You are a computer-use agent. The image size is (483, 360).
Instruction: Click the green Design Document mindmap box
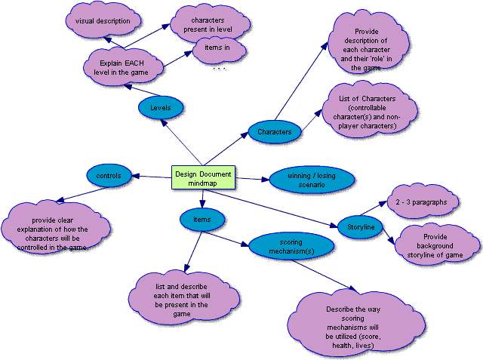pyautogui.click(x=203, y=177)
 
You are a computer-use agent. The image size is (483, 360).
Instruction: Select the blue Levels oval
pyautogui.click(x=160, y=108)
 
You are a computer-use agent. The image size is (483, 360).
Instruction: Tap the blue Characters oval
pyautogui.click(x=274, y=132)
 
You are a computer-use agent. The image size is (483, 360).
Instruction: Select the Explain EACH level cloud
pyautogui.click(x=122, y=65)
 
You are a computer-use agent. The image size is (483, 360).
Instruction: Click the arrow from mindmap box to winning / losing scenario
pyautogui.click(x=251, y=179)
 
